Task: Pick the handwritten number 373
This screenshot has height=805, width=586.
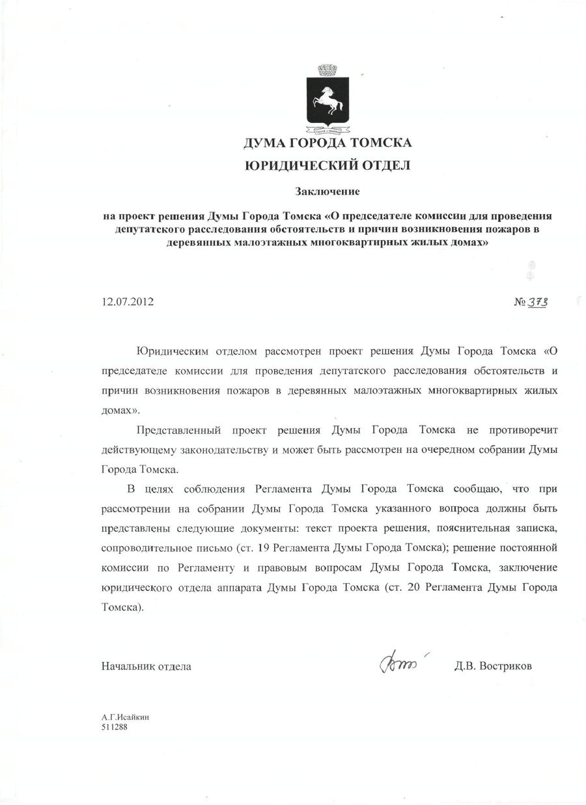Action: coord(538,303)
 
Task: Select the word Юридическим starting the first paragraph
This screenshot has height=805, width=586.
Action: coord(171,352)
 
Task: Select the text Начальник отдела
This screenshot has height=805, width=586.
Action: coord(146,666)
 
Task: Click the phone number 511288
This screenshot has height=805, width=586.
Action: coord(114,727)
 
